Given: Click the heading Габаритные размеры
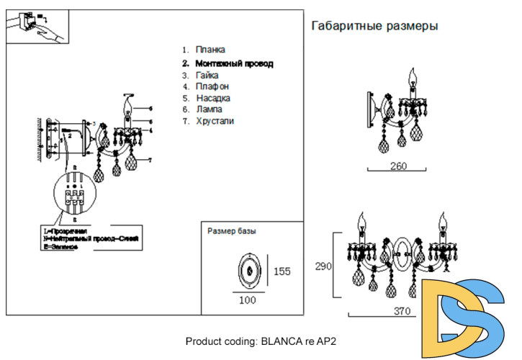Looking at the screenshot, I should click(374, 26).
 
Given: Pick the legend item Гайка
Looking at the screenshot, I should click(207, 75).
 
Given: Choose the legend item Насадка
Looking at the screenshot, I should click(212, 98).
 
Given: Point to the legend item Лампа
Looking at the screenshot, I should click(210, 109).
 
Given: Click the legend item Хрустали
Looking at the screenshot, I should click(214, 121).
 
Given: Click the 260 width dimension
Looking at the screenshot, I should click(398, 166).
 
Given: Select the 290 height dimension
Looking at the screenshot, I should click(323, 266).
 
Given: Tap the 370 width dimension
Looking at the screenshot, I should click(402, 312).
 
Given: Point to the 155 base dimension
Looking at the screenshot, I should click(282, 271).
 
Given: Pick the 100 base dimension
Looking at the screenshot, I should click(248, 300).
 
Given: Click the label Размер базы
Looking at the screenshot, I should click(232, 232).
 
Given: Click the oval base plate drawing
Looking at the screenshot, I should click(249, 270).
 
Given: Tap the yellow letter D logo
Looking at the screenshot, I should click(441, 311).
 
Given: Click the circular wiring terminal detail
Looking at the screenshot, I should click(73, 197).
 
